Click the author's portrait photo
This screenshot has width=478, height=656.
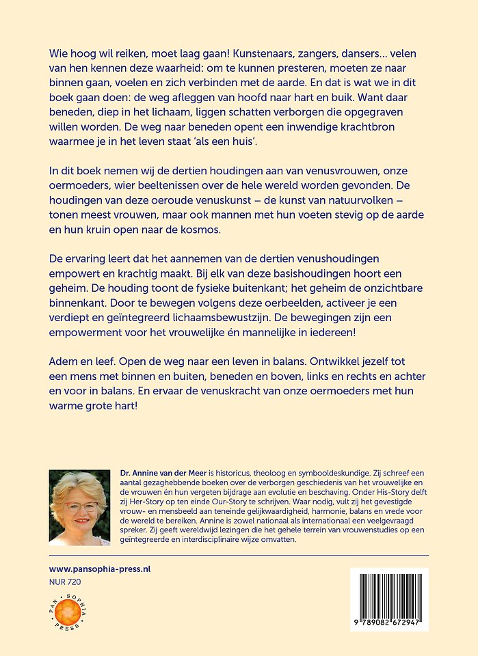click(x=79, y=507)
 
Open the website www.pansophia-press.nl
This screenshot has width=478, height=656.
click(x=100, y=569)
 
